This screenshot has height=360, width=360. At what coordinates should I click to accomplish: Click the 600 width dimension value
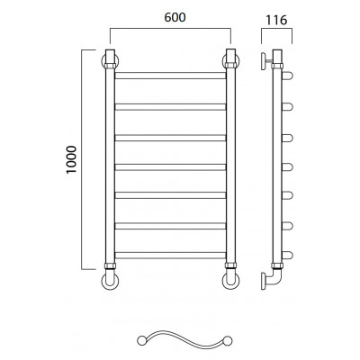point(175,17)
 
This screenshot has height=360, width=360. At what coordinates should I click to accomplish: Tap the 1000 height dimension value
point(72,159)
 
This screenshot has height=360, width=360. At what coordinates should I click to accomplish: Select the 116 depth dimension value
point(276,20)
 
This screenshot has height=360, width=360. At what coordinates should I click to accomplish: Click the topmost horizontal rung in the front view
point(170,76)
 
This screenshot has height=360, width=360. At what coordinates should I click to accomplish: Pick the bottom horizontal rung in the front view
point(170,256)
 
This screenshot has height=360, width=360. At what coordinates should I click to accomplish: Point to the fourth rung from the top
point(170,167)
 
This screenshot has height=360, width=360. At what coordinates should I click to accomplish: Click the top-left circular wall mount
point(103,61)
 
